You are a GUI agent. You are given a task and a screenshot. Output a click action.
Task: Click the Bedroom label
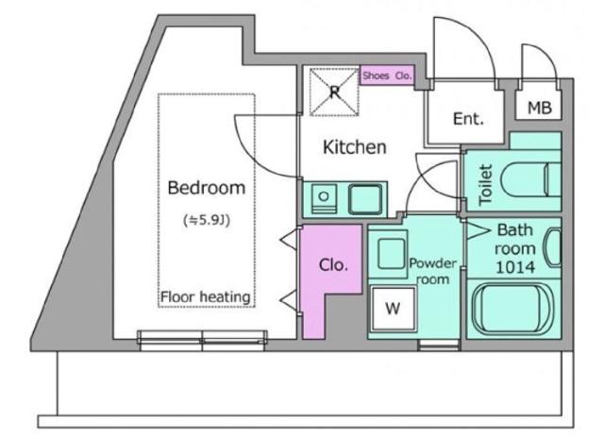pos(207,188)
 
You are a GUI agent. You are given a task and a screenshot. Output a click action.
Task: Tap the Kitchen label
pos(355,147)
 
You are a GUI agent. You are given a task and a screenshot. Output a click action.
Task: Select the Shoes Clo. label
pos(387,76)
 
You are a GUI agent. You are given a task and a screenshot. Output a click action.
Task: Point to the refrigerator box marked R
pos(334,92)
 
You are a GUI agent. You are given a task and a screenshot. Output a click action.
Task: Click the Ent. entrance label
pos(468,119)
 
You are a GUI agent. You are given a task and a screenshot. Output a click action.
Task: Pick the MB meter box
pos(539,106)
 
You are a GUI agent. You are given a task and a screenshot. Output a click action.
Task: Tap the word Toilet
pos(485,185)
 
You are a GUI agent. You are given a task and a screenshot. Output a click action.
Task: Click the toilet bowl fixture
pos(531,180)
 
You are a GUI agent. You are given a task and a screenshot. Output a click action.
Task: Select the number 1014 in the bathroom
pos(515,267)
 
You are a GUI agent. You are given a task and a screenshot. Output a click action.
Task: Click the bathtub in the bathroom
pos(513,308)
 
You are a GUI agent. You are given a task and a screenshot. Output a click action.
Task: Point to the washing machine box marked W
pos(393,308)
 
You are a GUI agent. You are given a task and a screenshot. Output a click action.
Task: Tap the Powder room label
pos(433,271)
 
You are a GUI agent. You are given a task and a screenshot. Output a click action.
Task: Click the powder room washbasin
pos(392,253)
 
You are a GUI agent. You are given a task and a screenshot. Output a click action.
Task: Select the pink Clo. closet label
pos(333,265)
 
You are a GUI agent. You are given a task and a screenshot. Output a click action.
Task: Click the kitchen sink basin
pos(365,199)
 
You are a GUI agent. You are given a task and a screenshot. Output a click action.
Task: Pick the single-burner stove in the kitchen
pos(324,198)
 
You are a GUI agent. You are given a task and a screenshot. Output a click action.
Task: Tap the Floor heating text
pos(206,297)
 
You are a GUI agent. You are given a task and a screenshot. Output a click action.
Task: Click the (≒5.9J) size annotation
pos(207,221)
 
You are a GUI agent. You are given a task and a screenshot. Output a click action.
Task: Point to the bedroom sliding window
pos(202,340)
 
